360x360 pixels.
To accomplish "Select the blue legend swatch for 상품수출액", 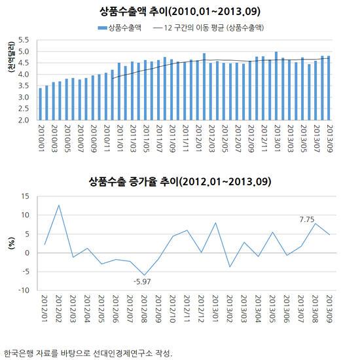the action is pos(102,28).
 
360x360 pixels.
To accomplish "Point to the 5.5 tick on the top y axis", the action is pos(24,40).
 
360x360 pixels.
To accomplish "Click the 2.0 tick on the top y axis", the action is pos(24,120).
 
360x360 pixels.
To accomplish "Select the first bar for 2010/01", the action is pos(40,104).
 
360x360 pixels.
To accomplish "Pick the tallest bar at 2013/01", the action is pos(276,86).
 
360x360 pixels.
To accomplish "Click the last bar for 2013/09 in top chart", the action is pos(329,88).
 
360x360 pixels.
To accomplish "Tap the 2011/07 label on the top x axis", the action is pos(158,139).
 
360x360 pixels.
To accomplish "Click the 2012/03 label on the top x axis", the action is pos(211,139).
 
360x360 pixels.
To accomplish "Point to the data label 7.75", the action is pos(307,219).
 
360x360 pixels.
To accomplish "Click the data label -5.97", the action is pos(142,281).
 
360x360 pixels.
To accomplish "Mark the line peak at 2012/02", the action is pos(59,205).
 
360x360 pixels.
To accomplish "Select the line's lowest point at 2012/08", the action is pos(145,275).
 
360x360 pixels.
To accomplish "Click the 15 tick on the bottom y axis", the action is pos(26,196).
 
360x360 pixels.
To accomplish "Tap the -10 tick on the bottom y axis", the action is pos(24,291).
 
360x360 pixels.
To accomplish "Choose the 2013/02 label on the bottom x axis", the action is pos(229,309).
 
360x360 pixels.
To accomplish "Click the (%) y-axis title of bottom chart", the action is pos(11,243).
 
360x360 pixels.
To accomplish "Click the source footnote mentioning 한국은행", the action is pos(88,353).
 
